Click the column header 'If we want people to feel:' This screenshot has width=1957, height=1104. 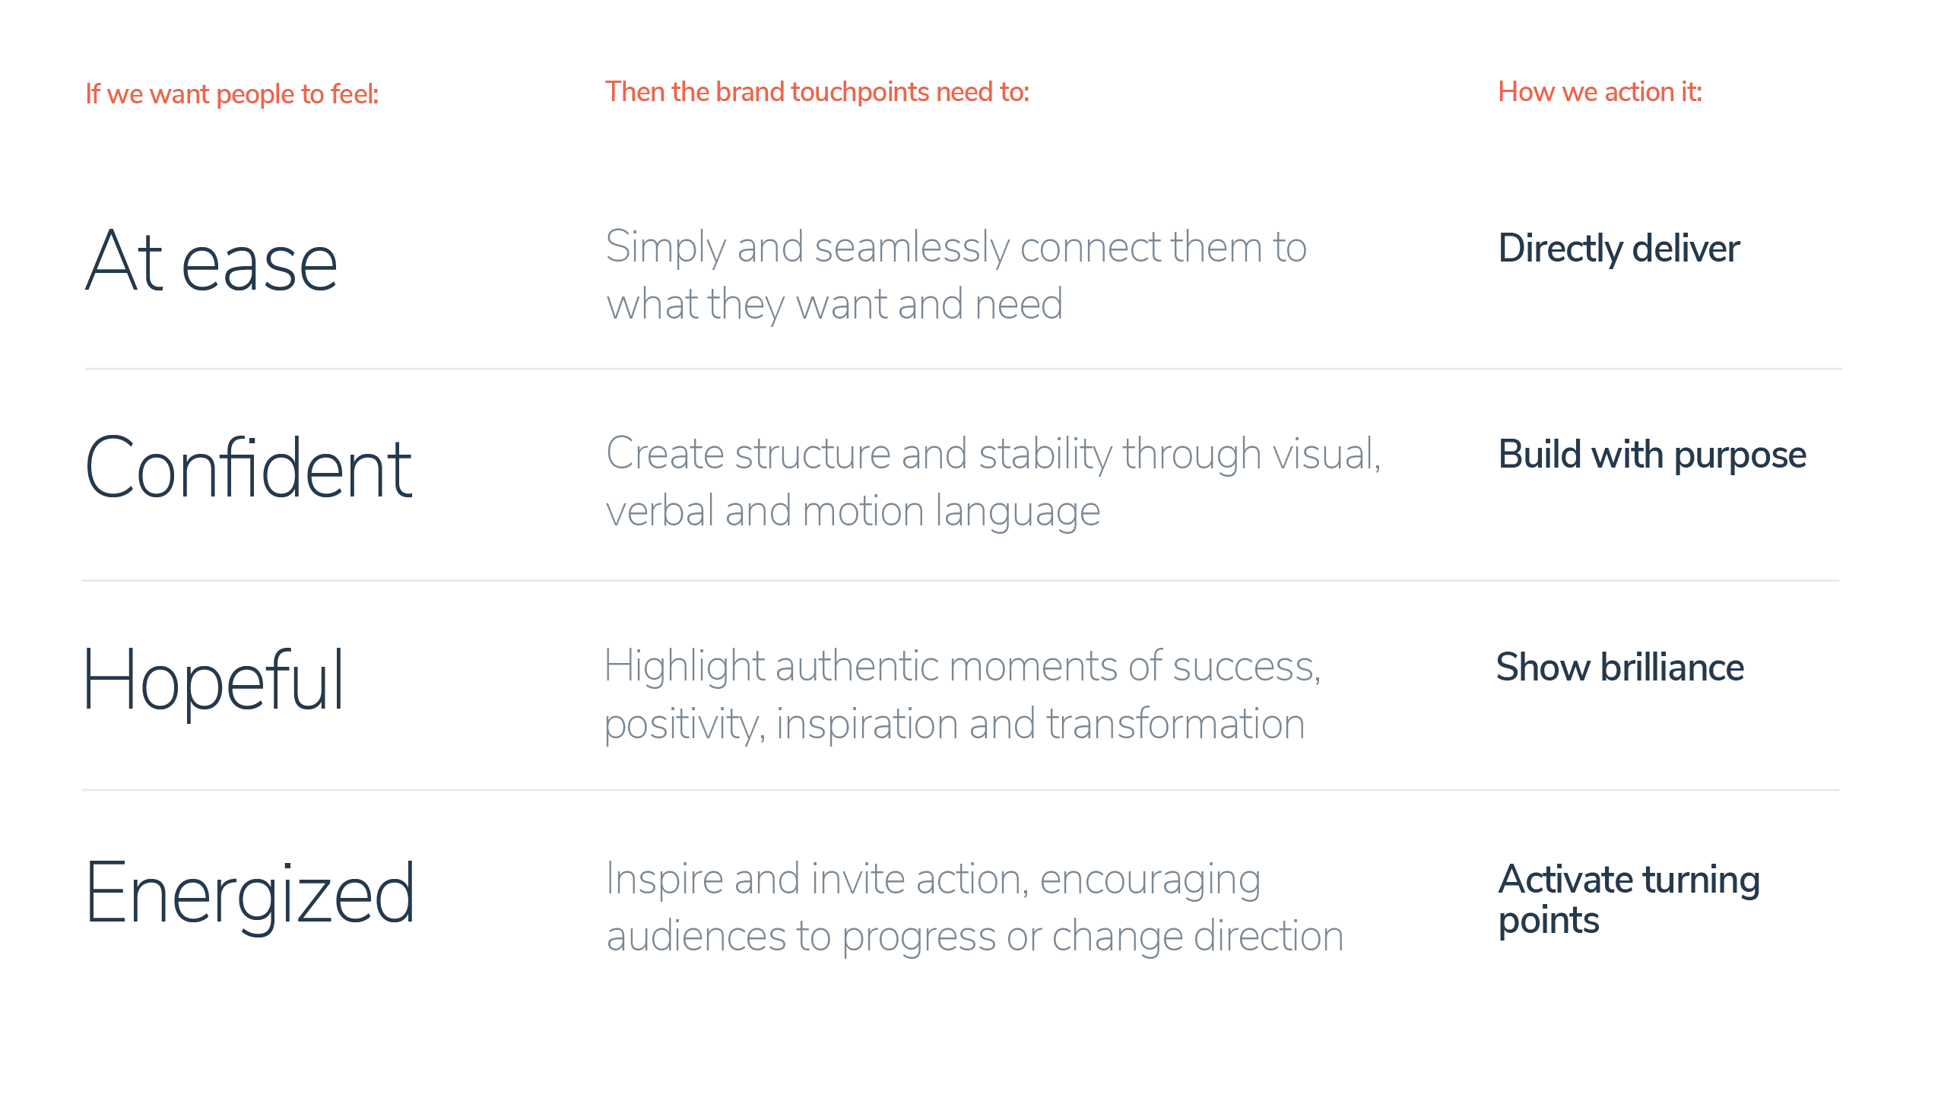point(232,94)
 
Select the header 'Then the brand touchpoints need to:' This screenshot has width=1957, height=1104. point(817,92)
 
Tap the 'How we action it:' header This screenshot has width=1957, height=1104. point(1600,92)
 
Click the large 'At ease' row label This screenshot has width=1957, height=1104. point(211,261)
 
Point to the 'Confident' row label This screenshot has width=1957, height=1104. point(249,468)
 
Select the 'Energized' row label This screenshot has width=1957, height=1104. point(250,896)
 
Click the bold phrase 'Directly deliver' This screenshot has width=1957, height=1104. point(1619,249)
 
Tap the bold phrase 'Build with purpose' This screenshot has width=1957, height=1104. point(1652,455)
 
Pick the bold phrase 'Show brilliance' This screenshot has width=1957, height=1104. point(1620,668)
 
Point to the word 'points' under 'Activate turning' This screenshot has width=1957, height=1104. point(1549,921)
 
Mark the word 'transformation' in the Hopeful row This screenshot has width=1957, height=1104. point(1175,724)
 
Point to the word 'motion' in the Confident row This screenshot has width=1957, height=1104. point(863,512)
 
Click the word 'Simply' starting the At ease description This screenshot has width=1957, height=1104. point(666,249)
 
